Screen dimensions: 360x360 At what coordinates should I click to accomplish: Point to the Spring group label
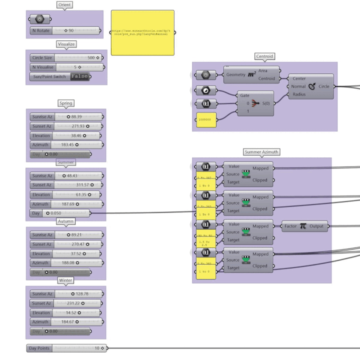(x=66, y=103)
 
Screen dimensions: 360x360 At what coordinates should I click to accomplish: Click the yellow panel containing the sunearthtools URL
(x=142, y=32)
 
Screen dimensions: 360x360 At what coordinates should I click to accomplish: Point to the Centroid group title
(x=264, y=56)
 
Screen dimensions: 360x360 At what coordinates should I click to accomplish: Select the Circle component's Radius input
(x=299, y=94)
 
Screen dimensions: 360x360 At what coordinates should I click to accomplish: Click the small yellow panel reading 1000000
(x=206, y=120)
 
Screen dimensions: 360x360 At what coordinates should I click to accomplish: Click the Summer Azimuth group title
(x=261, y=152)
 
